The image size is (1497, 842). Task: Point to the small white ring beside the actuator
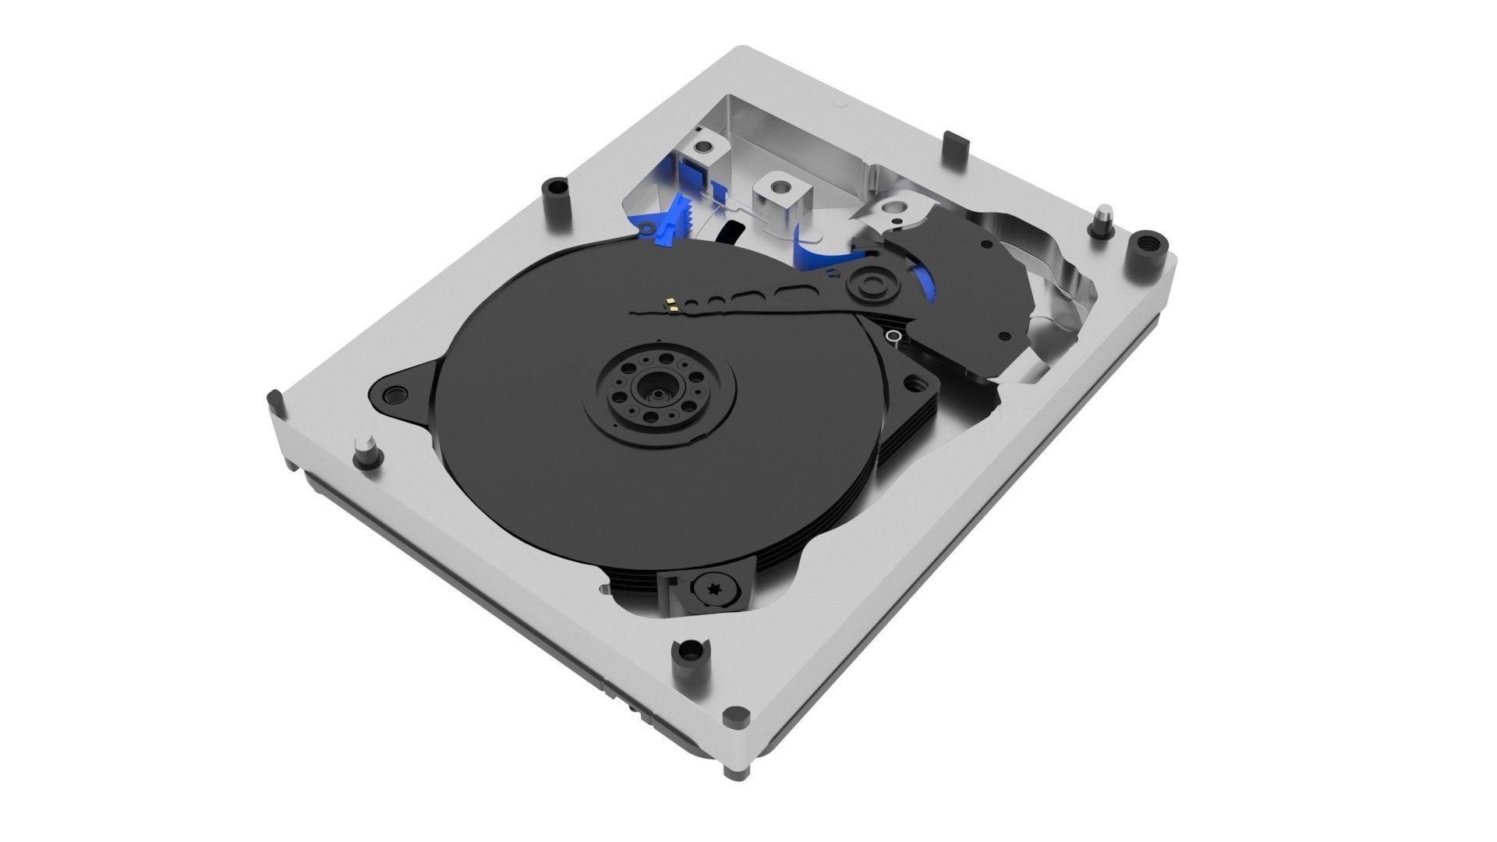coord(894,337)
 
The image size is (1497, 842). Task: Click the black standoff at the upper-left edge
coord(554,189)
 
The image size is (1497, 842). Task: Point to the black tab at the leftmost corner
coord(273,402)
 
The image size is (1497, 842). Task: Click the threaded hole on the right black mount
coord(928,384)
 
